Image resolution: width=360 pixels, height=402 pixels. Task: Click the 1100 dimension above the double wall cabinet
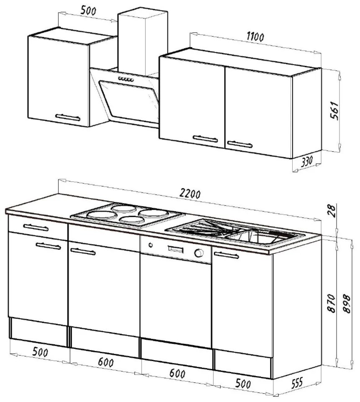click(255, 37)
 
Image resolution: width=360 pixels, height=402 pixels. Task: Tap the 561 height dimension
click(334, 111)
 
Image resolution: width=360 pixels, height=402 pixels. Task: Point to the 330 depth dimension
click(307, 162)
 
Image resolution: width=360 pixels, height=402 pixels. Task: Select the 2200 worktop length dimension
click(190, 193)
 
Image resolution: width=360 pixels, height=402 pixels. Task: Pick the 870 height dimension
click(331, 303)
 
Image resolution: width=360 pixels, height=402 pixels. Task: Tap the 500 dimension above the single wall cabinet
click(88, 11)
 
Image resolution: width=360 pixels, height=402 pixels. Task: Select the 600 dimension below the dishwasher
click(177, 373)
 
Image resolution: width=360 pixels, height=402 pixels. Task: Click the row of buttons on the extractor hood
click(126, 79)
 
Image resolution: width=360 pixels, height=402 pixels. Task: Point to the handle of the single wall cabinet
click(68, 117)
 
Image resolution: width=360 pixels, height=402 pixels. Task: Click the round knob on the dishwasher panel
click(198, 253)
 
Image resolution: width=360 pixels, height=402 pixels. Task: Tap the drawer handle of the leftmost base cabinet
click(36, 227)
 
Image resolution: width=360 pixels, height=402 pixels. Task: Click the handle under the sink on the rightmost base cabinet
click(226, 255)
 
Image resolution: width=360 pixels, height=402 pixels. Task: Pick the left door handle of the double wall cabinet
click(205, 139)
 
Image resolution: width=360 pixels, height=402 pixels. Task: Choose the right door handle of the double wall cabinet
click(240, 144)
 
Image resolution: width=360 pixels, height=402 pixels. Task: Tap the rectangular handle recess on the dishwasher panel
click(175, 249)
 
